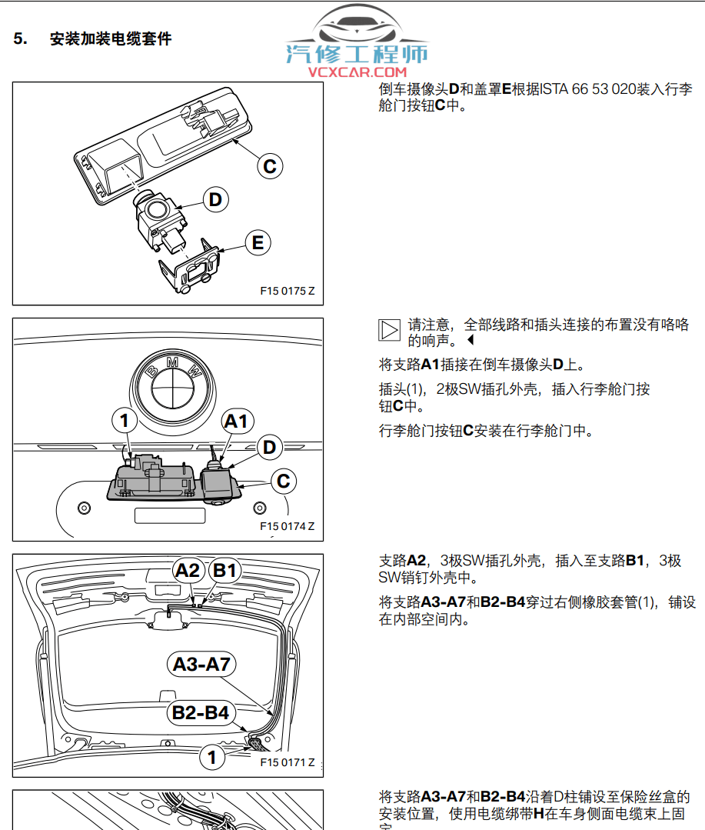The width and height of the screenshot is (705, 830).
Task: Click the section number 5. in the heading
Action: point(21,38)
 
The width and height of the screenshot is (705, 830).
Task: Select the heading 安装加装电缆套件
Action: point(110,38)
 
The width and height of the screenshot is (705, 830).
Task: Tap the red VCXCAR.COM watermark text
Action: point(357,72)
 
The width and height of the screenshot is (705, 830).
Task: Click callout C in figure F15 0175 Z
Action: point(269,165)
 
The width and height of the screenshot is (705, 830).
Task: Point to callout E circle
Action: point(258,243)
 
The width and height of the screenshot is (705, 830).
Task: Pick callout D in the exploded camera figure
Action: point(216,200)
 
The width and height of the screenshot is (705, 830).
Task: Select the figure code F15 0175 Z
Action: point(287,291)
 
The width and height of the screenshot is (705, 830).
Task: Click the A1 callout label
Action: point(236,421)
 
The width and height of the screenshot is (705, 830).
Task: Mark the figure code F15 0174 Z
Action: point(287,527)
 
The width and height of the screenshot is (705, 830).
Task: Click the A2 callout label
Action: point(188,571)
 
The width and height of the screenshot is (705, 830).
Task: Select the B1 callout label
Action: point(225,571)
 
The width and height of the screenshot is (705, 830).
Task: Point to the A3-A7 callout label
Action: point(201,664)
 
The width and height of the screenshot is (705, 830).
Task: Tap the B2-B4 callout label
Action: point(200,713)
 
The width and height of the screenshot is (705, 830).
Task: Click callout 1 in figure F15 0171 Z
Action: point(212,756)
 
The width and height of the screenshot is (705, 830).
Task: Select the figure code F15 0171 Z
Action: point(287,762)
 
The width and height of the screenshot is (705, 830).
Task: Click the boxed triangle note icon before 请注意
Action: point(390,330)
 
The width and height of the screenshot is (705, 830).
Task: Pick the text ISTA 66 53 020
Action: point(588,89)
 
